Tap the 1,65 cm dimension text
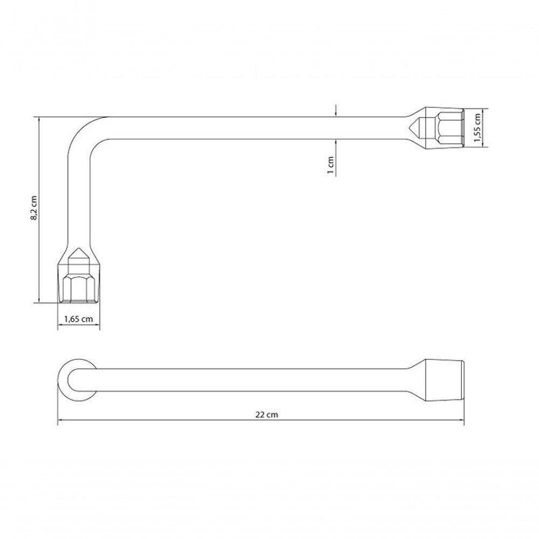pos(79,319)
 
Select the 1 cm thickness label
pos(331,165)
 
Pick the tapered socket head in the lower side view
pos(442,380)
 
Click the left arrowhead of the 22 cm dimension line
pos(60,421)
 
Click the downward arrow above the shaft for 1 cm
pos(336,113)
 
